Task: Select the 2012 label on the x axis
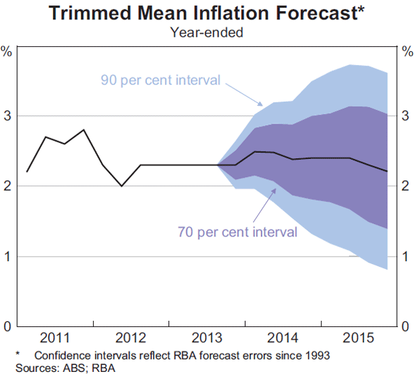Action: [130, 339]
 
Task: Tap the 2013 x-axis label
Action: [206, 339]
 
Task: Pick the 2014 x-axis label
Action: [282, 339]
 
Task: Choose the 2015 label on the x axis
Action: [357, 339]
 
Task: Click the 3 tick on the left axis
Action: [7, 115]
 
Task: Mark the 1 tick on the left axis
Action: [7, 256]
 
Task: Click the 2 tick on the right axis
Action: [406, 186]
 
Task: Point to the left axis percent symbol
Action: [7, 50]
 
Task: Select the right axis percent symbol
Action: [406, 50]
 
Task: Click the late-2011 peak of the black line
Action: [83, 129]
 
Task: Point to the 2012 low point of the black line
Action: [121, 186]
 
